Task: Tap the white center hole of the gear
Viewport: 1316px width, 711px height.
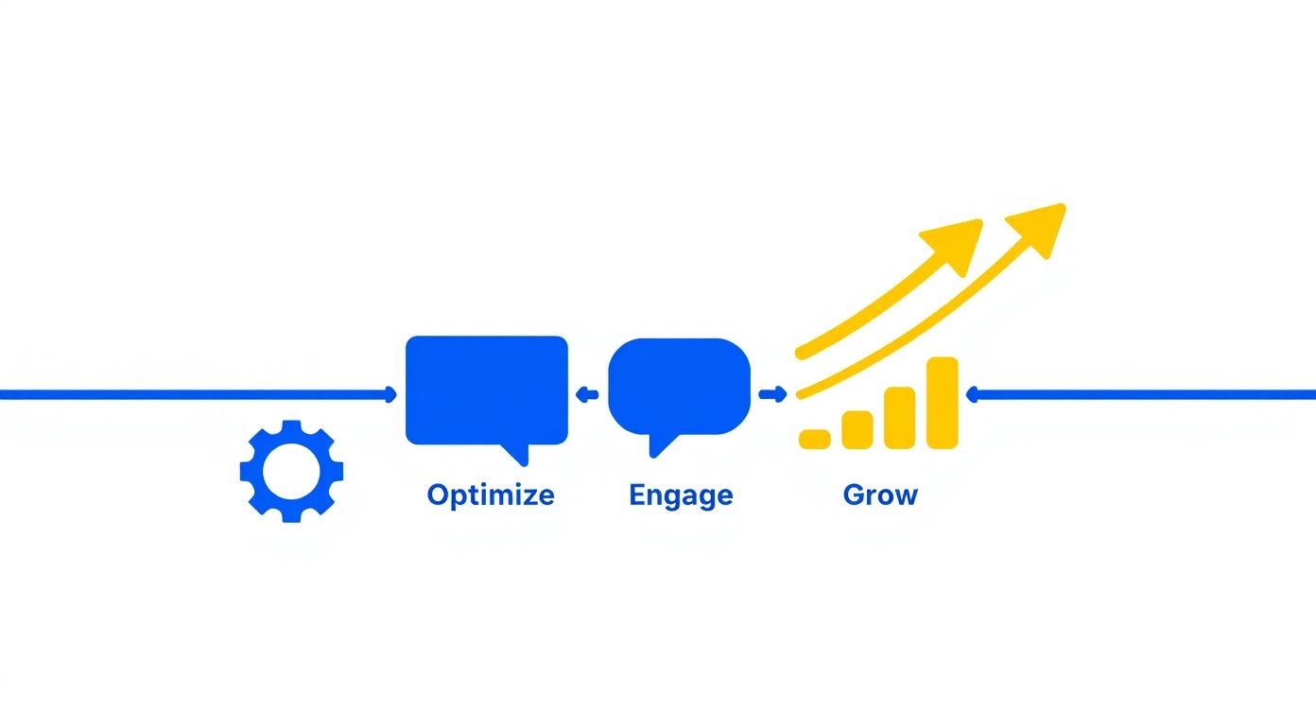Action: point(291,471)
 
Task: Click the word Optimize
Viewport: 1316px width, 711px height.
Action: point(490,494)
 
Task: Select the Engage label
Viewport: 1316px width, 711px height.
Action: point(681,495)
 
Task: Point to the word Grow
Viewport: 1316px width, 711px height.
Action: point(880,494)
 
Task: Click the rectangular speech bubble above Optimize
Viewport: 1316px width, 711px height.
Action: point(486,389)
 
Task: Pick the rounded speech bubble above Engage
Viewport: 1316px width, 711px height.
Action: point(679,386)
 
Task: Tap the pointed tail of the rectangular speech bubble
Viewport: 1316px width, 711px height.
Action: point(515,455)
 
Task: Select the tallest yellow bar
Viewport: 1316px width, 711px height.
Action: point(943,403)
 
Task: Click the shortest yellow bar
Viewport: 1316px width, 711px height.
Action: point(815,438)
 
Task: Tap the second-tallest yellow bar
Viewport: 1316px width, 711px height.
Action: point(899,417)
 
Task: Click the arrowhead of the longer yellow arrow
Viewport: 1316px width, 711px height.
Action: point(1040,226)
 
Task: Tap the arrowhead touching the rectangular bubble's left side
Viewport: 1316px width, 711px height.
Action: point(391,394)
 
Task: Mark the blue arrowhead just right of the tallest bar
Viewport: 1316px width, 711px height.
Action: point(971,394)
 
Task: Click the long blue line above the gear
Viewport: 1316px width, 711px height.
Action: point(189,394)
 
